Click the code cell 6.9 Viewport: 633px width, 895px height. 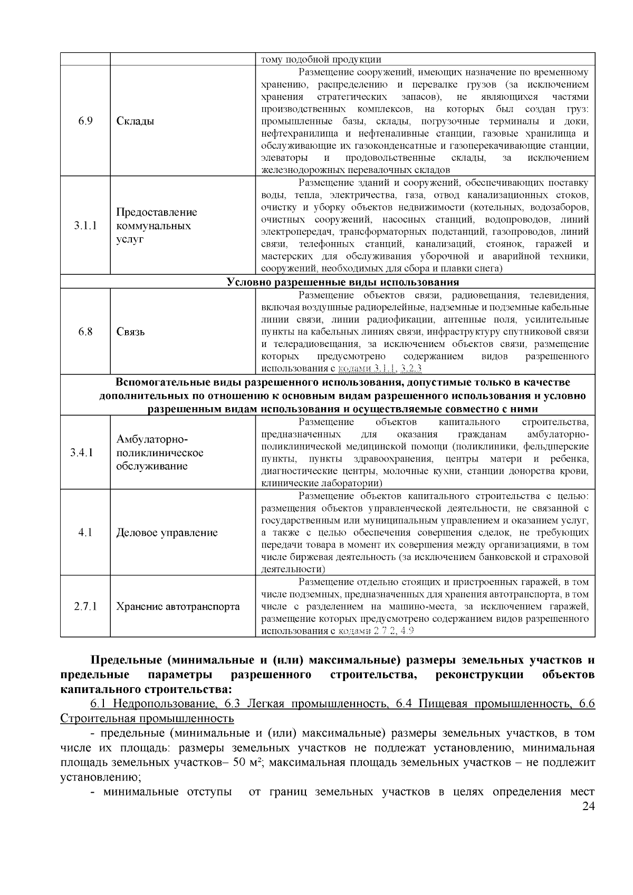(85, 121)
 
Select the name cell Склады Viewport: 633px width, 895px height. (136, 121)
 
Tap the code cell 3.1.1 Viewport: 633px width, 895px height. (85, 226)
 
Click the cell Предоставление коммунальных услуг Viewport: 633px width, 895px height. (157, 226)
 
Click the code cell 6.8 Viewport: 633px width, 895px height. (85, 332)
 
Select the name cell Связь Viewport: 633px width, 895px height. (131, 332)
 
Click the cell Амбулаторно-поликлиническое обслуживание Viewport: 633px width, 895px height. (160, 453)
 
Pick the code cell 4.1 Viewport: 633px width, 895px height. (85, 533)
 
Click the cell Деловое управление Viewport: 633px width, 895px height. (167, 533)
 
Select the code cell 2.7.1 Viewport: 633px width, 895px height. (85, 607)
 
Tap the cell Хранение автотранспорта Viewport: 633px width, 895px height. (178, 607)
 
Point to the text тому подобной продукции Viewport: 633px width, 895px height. (321, 60)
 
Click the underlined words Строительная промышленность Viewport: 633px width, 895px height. (147, 718)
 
